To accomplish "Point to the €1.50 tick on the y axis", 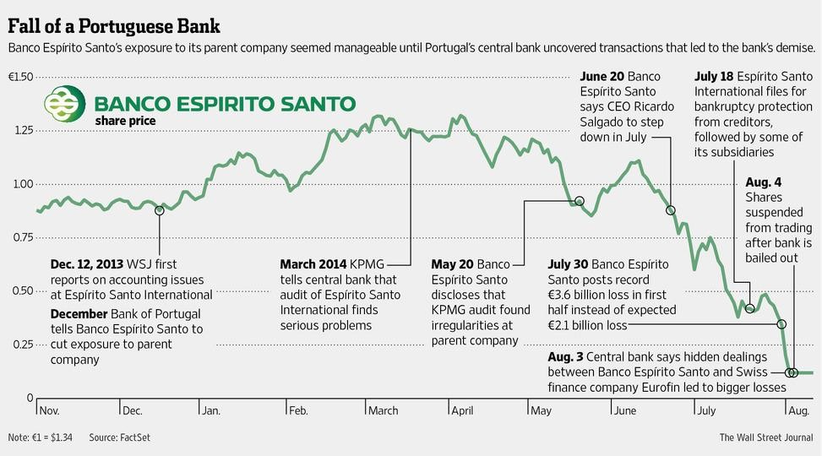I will (20, 78).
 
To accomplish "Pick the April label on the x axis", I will (463, 410).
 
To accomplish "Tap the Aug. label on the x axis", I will (798, 410).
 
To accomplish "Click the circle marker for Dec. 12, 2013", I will (159, 210).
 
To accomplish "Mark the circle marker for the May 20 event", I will (580, 201).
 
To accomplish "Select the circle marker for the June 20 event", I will (671, 210).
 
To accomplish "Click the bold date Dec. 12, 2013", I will (89, 263).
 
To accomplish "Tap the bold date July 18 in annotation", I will (715, 77).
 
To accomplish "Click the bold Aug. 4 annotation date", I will (765, 182).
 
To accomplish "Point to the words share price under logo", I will (126, 122).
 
